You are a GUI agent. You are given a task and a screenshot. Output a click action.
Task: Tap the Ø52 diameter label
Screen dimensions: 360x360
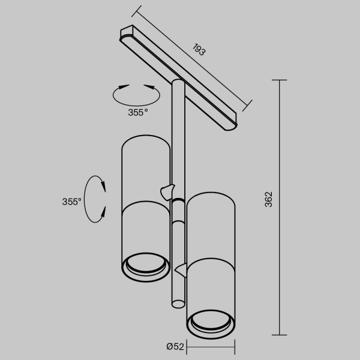pos(175,346)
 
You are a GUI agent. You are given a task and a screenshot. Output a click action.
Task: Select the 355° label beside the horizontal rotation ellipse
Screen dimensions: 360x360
pos(137,112)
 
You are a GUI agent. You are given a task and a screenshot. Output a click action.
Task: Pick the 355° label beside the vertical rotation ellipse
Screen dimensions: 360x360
pos(71,202)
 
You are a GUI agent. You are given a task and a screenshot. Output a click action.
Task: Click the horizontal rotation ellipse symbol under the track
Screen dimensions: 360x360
pos(137,94)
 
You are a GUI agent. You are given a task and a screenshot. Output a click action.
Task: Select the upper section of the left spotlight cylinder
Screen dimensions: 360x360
pos(145,171)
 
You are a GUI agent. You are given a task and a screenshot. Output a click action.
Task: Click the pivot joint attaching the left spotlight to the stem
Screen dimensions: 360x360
pos(166,190)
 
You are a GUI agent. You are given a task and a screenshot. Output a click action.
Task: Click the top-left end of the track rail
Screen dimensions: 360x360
pos(125,31)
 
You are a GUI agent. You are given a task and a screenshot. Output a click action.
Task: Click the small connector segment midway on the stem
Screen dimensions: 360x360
pos(178,212)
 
